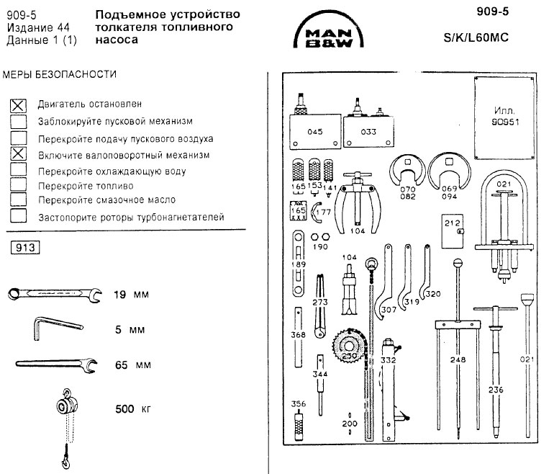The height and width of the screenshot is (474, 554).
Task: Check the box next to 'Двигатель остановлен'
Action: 19,105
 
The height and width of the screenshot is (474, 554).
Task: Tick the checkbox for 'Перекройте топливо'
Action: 19,185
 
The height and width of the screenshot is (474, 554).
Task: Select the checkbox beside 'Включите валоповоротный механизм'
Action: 19,154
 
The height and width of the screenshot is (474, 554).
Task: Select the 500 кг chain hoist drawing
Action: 65,418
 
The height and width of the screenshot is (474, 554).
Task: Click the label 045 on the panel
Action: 314,132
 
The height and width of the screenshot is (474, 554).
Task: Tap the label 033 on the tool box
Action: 368,132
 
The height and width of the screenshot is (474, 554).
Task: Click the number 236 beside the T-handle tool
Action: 496,389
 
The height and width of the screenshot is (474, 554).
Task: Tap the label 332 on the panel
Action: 389,358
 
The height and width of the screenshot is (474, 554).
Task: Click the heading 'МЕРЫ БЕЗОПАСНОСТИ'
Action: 59,74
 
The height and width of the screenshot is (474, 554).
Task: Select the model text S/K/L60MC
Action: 476,37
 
